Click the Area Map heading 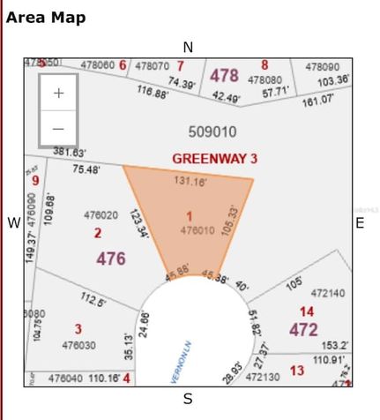[46, 18]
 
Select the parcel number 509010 [212, 131]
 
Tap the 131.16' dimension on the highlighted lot [190, 182]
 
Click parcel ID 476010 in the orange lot [197, 229]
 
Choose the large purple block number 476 [111, 259]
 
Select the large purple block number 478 [224, 76]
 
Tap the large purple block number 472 [305, 329]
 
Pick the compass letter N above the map [188, 47]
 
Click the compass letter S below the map [188, 399]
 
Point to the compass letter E [360, 223]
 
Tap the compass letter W [13, 223]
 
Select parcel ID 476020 [101, 215]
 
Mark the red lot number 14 [306, 311]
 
